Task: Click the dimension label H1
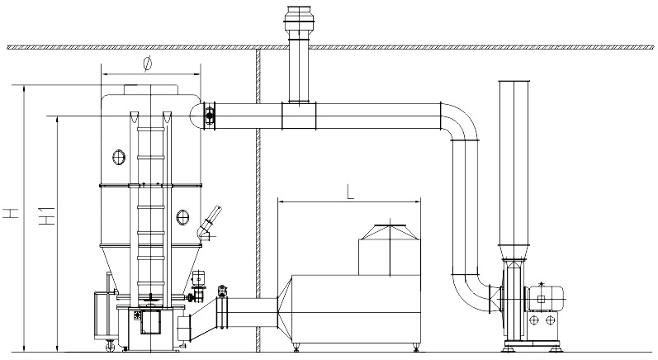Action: pyautogui.click(x=47, y=219)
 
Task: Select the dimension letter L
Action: pyautogui.click(x=351, y=192)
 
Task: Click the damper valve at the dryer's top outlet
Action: pyautogui.click(x=210, y=116)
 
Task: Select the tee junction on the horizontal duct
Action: pyautogui.click(x=299, y=116)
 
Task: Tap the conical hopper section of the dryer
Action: pyautogui.click(x=148, y=268)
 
